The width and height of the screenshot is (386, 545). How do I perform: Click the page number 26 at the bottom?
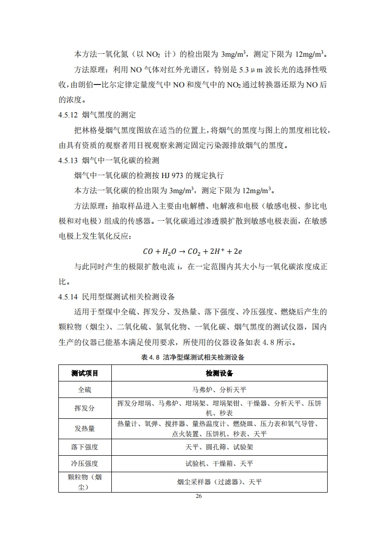point(198,496)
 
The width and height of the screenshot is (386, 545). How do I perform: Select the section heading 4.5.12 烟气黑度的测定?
point(97,116)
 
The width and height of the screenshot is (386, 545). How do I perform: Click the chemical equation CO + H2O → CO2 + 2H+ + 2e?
point(193,251)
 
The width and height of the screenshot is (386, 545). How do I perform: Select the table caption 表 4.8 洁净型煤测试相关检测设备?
point(193,358)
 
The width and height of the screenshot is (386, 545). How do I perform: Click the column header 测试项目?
point(85,373)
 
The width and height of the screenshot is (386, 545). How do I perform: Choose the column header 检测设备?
point(219,373)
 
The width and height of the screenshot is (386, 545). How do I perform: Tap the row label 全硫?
point(85,390)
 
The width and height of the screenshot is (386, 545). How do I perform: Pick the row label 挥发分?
point(85,408)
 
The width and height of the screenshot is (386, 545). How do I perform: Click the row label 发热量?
point(85,429)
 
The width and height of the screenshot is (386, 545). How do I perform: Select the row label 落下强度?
point(85,446)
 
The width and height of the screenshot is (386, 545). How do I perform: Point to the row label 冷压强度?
point(85,463)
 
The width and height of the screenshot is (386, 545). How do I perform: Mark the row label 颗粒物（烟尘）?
point(85,482)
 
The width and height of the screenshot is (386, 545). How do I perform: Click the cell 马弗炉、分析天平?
point(219,390)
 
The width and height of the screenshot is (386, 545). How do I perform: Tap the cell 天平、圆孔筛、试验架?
point(219,446)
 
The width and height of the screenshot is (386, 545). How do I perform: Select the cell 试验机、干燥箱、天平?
point(219,463)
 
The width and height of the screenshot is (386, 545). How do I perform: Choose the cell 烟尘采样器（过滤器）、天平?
point(219,482)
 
